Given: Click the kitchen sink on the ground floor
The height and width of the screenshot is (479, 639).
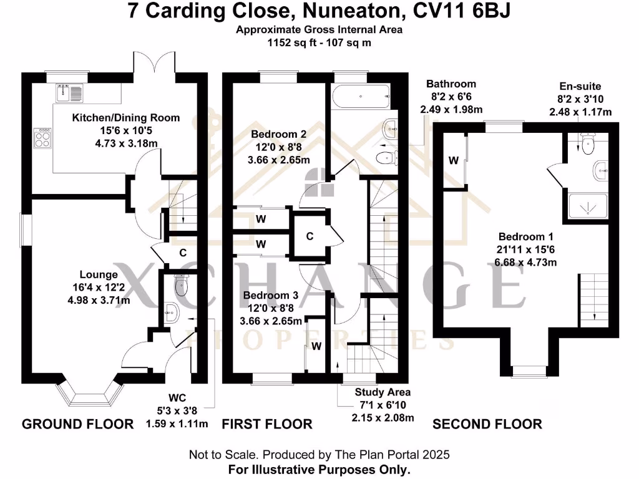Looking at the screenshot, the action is click(x=69, y=93).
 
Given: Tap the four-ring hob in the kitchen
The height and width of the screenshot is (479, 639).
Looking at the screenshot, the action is click(x=42, y=138).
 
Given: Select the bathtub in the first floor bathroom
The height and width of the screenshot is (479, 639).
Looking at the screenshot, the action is click(x=361, y=97).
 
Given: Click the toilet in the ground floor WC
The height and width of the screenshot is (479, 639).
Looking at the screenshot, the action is click(x=182, y=284).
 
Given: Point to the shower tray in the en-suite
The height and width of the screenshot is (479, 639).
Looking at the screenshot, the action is click(x=588, y=206).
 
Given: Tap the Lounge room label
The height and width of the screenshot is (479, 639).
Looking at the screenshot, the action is click(x=99, y=274).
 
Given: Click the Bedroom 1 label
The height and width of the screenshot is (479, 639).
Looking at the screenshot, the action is click(x=525, y=236).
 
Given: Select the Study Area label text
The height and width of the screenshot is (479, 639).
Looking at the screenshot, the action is click(x=383, y=392).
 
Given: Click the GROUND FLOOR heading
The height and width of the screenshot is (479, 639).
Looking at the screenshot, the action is click(x=78, y=424).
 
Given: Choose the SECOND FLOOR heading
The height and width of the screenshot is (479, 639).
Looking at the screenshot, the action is click(x=487, y=424).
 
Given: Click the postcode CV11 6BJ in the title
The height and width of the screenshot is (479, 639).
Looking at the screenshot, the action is click(x=462, y=11).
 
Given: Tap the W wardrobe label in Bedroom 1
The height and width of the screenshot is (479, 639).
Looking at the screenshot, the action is click(x=454, y=160).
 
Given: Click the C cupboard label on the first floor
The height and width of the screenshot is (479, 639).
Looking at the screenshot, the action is click(x=310, y=236).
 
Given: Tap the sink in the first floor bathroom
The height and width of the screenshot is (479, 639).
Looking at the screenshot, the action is click(x=390, y=128).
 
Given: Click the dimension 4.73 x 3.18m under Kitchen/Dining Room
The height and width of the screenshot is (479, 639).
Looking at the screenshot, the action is click(x=126, y=143).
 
